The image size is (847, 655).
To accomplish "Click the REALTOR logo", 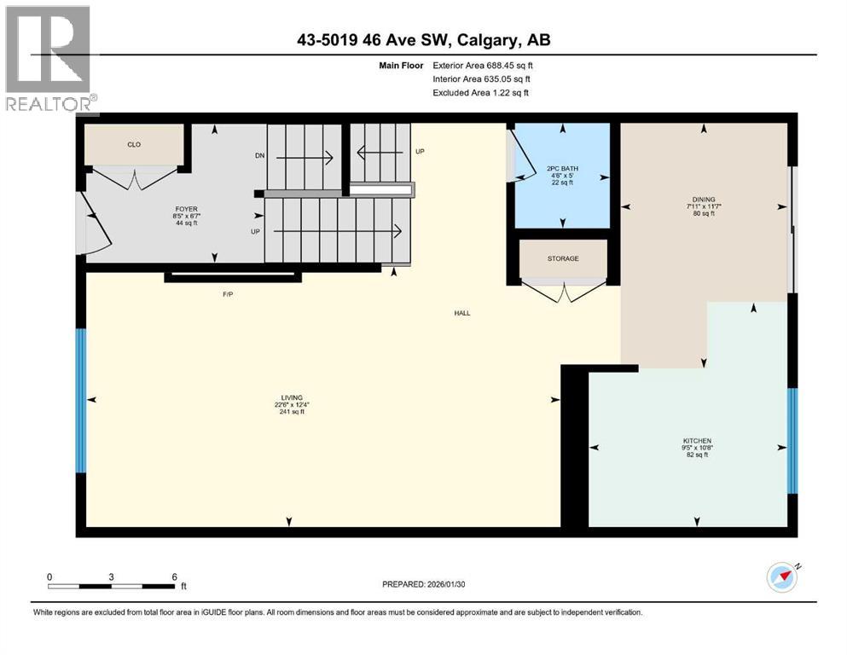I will pos(49,58).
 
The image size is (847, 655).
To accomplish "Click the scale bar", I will pos(112,586).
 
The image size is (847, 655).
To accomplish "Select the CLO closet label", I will pos(134,145).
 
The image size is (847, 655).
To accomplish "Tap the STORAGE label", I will pos(563,258).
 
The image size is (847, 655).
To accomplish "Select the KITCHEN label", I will pos(697,441).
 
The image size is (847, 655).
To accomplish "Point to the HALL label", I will pos(462,313).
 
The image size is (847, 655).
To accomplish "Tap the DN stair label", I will pos(260,156).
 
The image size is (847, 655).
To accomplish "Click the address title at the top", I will pos(423,40).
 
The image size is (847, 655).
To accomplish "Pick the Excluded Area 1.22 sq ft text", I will pos(480,92).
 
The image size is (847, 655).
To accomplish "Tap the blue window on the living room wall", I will pos(81,401).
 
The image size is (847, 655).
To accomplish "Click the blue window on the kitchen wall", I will pos(792,441).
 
